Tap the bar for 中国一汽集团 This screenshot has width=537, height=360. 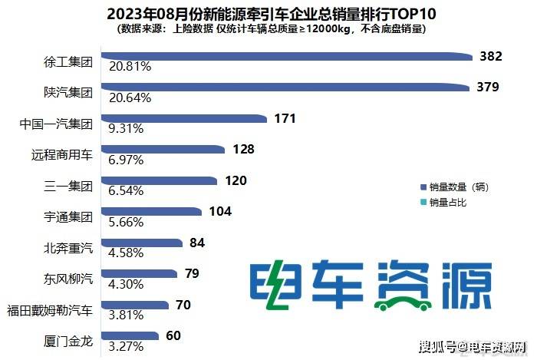[x=184, y=119]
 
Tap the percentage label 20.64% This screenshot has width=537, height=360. [x=130, y=97]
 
